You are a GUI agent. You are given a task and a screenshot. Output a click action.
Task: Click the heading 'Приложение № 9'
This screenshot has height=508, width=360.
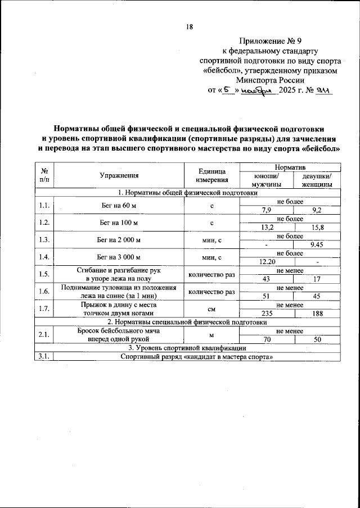(270, 41)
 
